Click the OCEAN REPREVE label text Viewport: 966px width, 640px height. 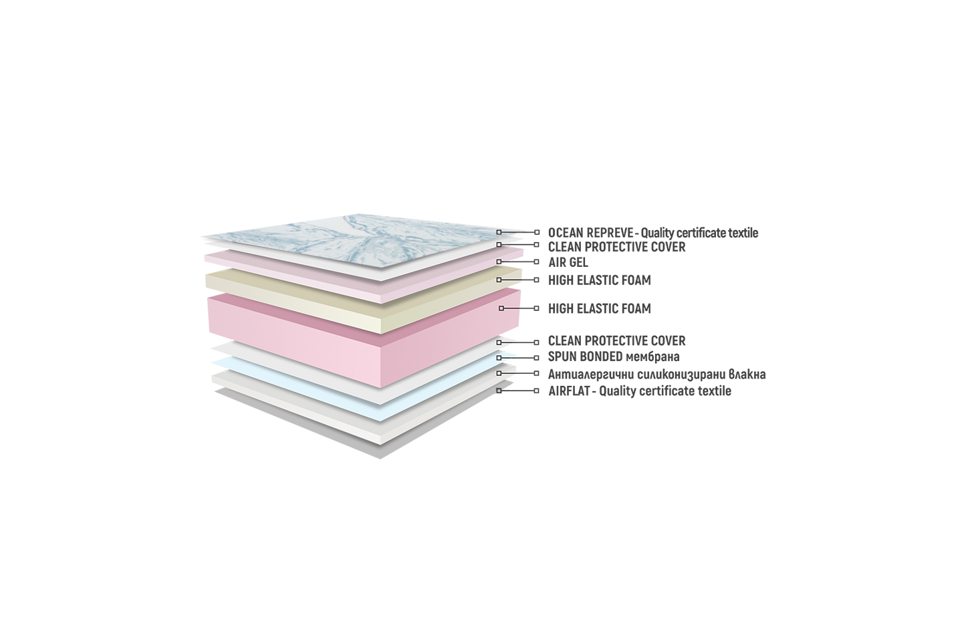click(x=653, y=233)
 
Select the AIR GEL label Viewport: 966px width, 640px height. click(x=568, y=262)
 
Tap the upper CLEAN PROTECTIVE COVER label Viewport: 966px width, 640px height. click(x=616, y=247)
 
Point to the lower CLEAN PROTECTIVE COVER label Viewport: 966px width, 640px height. click(x=616, y=340)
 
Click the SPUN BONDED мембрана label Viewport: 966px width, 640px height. click(x=614, y=356)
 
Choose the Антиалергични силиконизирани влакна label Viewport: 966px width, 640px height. click(x=656, y=374)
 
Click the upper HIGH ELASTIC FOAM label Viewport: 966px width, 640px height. click(x=600, y=280)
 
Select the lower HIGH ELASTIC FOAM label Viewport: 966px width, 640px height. click(x=600, y=309)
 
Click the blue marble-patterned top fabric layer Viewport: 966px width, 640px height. click(x=362, y=239)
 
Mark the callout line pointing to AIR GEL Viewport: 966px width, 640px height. click(x=517, y=261)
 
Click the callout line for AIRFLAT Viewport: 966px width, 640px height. click(x=517, y=391)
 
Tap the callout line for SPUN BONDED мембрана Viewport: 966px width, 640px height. click(x=517, y=358)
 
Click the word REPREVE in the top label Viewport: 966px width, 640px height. click(x=609, y=233)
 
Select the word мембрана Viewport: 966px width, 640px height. click(x=652, y=357)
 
